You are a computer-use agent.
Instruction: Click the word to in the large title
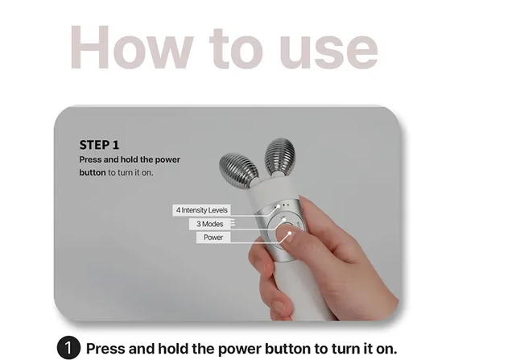pos(236,49)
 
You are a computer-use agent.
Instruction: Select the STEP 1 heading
pos(99,145)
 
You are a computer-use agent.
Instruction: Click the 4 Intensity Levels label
pos(201,210)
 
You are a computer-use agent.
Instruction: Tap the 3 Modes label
pos(209,224)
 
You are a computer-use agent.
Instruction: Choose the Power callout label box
pos(213,238)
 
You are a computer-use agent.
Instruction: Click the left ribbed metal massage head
pos(239,170)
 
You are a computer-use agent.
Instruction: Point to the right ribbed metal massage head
pos(279,156)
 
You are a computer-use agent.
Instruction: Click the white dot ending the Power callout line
pos(290,234)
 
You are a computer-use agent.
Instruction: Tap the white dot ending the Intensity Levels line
pos(279,206)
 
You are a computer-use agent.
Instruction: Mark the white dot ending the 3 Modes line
pos(283,219)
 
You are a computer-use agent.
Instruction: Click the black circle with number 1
pos(68,348)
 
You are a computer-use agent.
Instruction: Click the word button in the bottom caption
pos(287,349)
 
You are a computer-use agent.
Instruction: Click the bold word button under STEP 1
pos(93,172)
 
